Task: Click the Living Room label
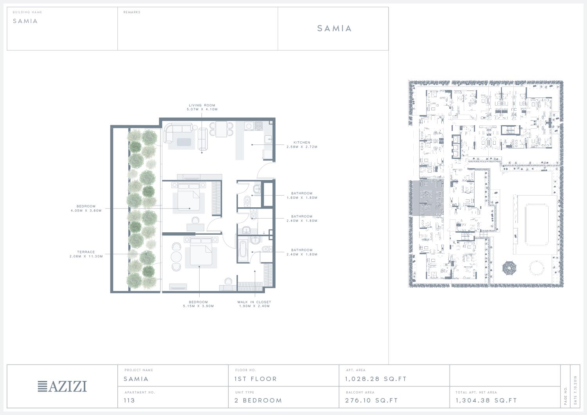click(202, 107)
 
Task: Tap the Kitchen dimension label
click(302, 145)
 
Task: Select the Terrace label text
click(86, 254)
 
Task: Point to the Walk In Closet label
click(254, 304)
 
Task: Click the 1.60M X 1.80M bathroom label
click(302, 196)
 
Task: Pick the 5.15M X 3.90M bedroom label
click(198, 304)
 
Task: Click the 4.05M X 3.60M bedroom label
click(86, 208)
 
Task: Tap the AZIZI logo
click(62, 386)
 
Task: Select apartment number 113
click(129, 400)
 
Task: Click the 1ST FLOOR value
click(256, 379)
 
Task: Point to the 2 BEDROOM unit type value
click(258, 400)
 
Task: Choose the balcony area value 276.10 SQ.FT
click(371, 400)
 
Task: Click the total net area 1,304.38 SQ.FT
click(486, 400)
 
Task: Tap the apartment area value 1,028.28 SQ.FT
click(376, 379)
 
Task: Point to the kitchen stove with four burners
click(258, 126)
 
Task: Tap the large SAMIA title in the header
click(334, 28)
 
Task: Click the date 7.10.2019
click(576, 390)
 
